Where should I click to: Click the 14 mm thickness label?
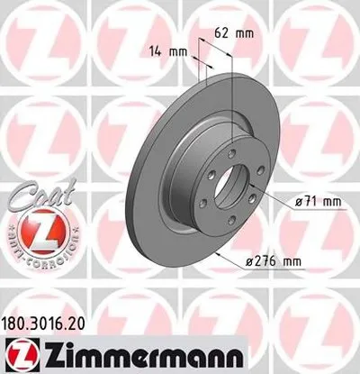click(170, 51)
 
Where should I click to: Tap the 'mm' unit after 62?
click(245, 32)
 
